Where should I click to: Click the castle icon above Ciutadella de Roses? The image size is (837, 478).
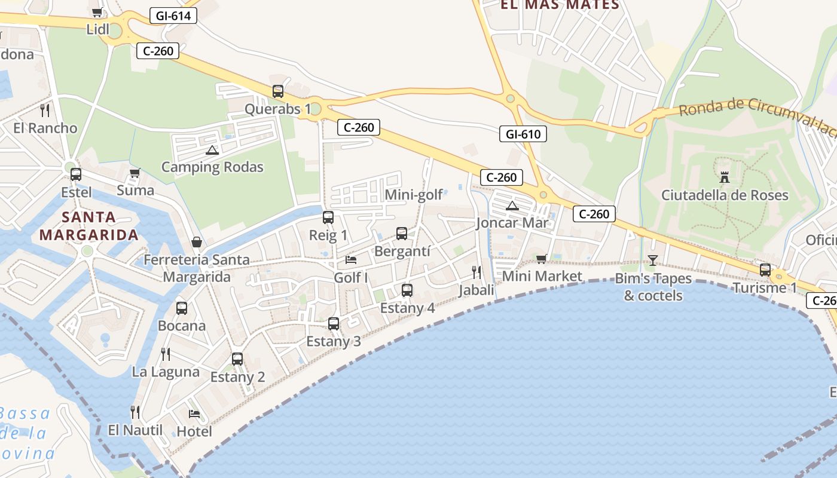[x=725, y=177]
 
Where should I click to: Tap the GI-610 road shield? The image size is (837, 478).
[x=523, y=134]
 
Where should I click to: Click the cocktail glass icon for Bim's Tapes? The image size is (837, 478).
[x=652, y=260]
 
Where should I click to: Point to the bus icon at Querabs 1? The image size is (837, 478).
[x=278, y=91]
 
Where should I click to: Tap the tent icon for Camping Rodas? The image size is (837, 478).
[x=212, y=150]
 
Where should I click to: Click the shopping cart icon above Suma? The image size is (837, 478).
[x=135, y=173]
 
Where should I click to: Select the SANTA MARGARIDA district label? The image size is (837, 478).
[x=89, y=226]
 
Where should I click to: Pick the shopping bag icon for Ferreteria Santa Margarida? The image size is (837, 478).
[x=196, y=242]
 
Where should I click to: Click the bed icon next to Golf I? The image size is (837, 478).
[x=351, y=260]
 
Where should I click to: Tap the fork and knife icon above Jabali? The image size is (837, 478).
[x=476, y=272]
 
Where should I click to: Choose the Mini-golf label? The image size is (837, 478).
[x=414, y=195]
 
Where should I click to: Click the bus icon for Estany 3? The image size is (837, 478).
[x=334, y=324]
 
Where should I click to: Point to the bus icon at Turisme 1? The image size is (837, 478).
[x=765, y=269]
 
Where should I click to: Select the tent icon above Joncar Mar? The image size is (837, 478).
[x=512, y=206]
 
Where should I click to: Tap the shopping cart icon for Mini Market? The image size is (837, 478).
[x=542, y=259]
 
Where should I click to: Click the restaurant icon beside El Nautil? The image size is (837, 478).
[x=135, y=412]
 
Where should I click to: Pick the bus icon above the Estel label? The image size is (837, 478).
[x=76, y=174]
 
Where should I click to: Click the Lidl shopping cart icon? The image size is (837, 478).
[x=97, y=12]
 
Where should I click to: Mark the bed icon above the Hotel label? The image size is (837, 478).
[x=194, y=413]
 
